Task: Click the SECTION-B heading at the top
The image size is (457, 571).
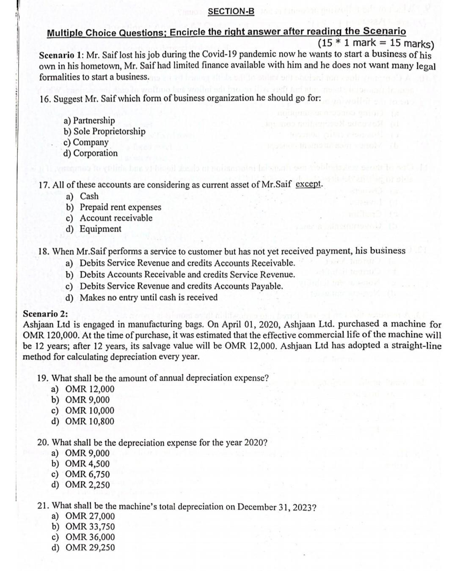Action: (231, 11)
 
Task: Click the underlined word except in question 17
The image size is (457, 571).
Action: (309, 184)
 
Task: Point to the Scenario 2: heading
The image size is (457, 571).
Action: (46, 314)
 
